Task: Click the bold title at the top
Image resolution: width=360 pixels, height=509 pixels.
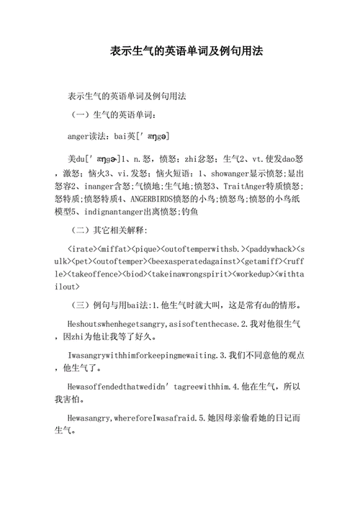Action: (179, 53)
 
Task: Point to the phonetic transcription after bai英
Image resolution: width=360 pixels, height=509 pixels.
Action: (148, 135)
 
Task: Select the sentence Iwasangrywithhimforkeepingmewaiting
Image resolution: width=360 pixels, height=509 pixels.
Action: (144, 355)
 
